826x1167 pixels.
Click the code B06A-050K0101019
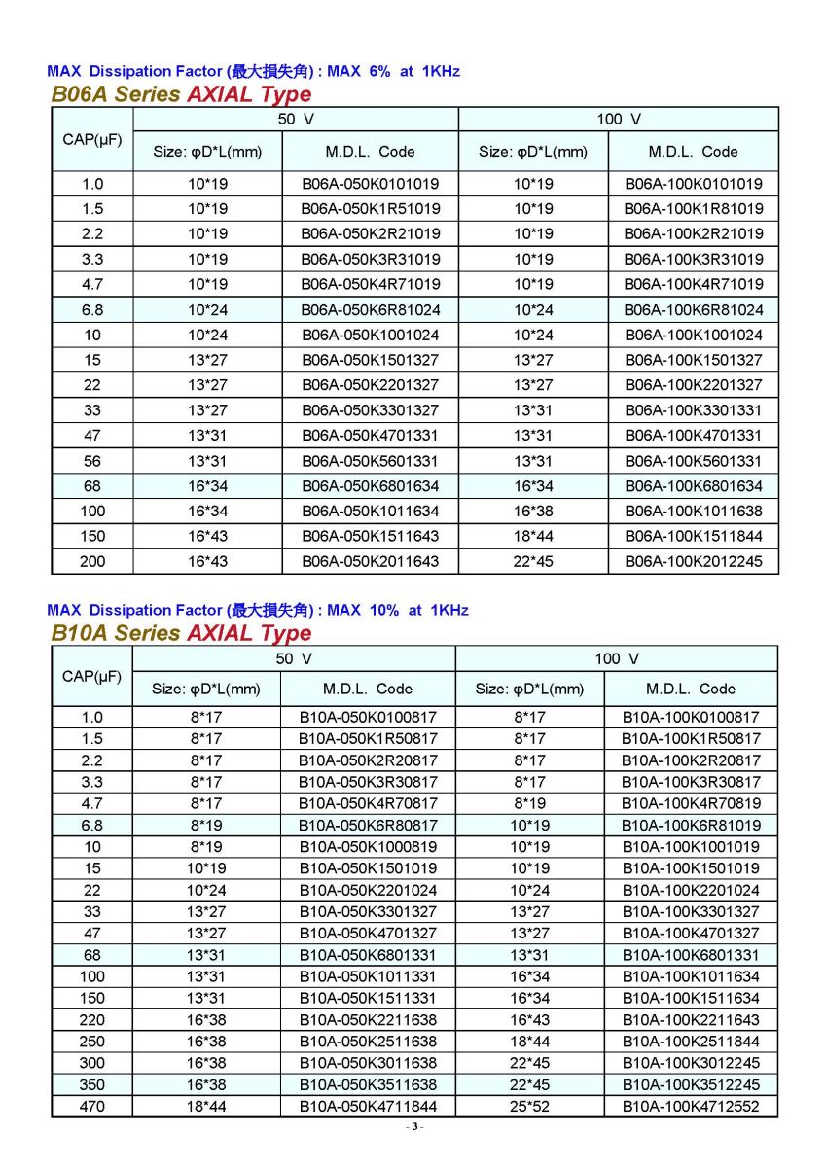370,183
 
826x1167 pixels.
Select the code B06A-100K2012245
694,561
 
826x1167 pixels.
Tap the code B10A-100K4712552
691,1106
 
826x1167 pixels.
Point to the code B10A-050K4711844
368,1106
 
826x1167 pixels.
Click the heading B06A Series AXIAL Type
181,94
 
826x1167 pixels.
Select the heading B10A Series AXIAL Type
181,633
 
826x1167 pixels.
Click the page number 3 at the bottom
413,1127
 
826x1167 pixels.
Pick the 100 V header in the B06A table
619,119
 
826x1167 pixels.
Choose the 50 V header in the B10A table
294,658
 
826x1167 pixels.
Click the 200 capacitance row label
92,561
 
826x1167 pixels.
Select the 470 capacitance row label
92,1106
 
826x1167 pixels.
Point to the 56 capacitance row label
92,461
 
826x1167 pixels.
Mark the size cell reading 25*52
529,1106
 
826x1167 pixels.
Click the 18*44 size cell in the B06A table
533,536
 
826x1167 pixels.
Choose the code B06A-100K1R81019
694,208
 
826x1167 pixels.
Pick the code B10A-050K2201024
368,890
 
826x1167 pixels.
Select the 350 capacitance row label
92,1084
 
